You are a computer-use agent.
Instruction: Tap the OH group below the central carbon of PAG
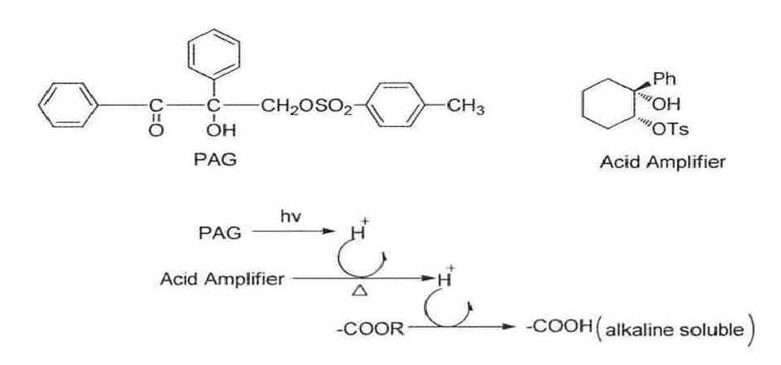point(221,131)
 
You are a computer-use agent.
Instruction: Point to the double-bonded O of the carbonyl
point(156,131)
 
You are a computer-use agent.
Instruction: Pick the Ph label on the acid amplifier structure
point(664,79)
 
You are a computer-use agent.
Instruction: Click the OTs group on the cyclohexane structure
point(670,129)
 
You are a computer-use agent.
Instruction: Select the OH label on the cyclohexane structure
point(665,104)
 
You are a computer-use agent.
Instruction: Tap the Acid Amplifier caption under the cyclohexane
point(663,162)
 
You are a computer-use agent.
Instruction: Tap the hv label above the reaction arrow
point(290,217)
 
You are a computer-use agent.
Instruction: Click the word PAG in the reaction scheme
point(220,233)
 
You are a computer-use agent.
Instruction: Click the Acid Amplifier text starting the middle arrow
point(221,280)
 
